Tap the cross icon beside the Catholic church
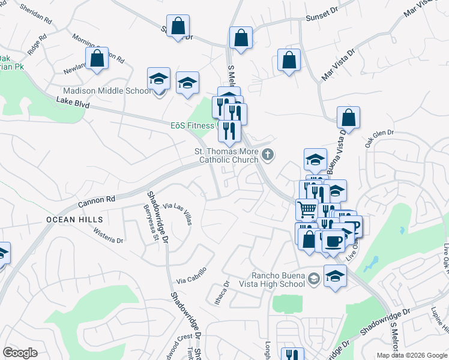click(x=268, y=156)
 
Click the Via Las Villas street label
click(x=178, y=213)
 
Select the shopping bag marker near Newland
click(x=97, y=59)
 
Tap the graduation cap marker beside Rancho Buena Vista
click(x=335, y=276)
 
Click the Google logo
click(x=20, y=353)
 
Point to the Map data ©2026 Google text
click(x=412, y=355)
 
